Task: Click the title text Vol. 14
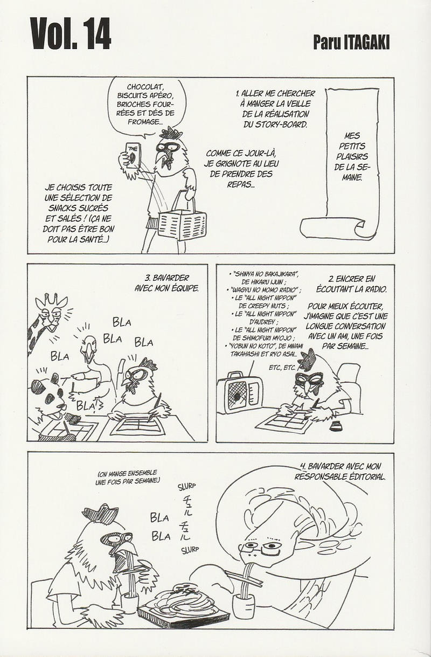(71, 34)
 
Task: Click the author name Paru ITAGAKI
(352, 43)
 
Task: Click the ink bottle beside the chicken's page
(333, 428)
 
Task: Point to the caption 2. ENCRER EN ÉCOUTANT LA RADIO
(351, 284)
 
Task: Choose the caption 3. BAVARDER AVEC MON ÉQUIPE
(166, 283)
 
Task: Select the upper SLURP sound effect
(187, 487)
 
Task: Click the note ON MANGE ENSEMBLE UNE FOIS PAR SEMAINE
(128, 477)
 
